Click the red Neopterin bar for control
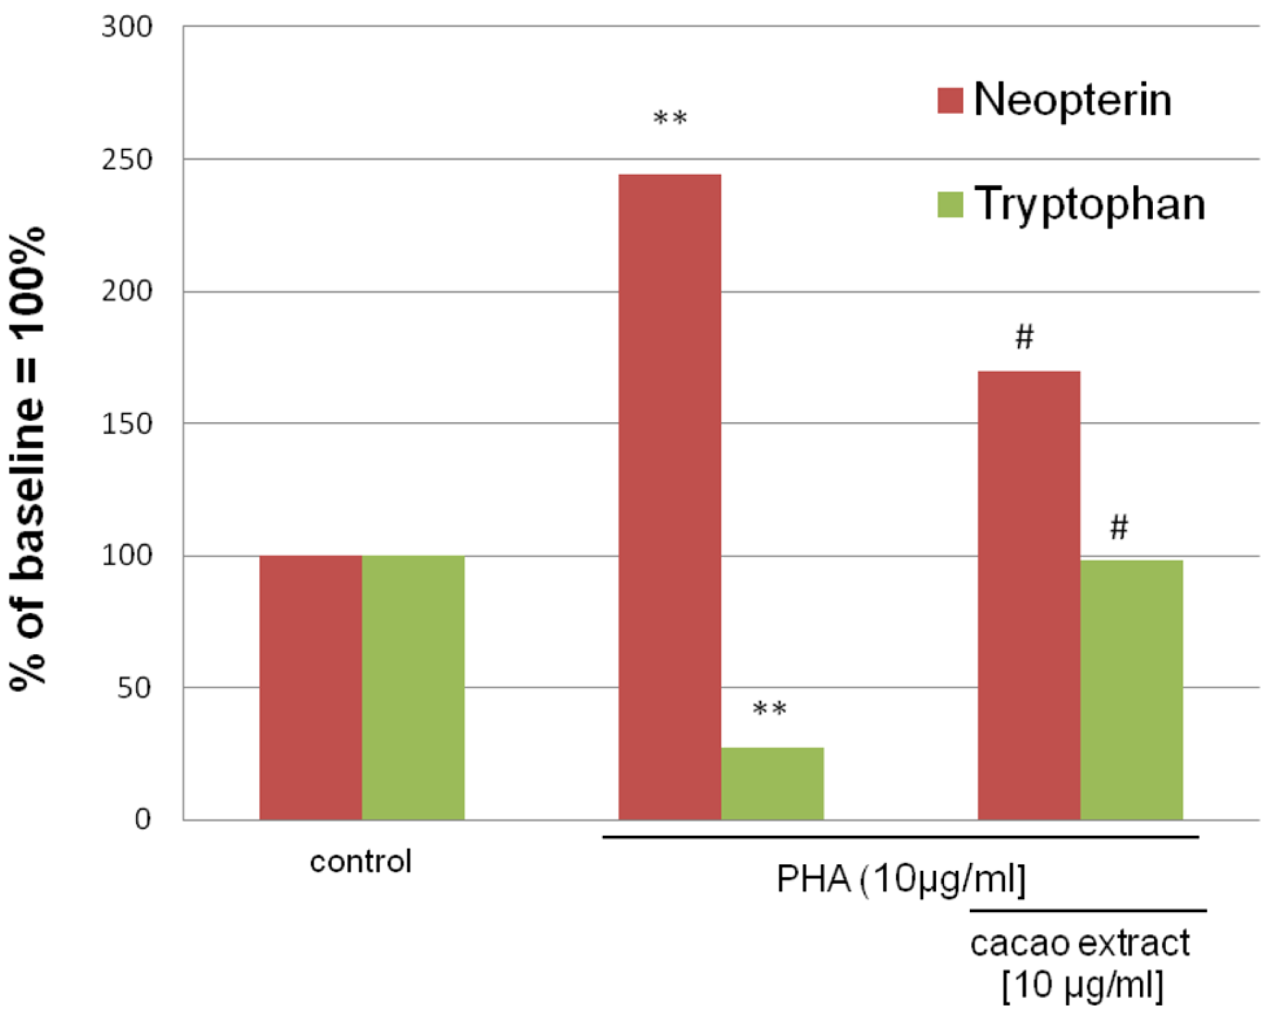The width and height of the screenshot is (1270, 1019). [x=310, y=687]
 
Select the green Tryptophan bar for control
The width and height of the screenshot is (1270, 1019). [x=413, y=687]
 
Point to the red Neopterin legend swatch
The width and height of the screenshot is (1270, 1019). [x=949, y=100]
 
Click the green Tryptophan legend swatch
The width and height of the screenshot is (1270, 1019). [x=949, y=204]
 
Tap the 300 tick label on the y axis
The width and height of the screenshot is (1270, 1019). [x=127, y=27]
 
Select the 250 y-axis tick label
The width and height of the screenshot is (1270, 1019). [x=127, y=160]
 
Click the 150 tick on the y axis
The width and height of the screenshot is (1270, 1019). [x=127, y=424]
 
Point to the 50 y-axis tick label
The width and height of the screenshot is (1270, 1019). [x=134, y=688]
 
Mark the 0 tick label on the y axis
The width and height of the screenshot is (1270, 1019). [x=142, y=819]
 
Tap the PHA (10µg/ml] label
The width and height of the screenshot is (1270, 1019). [x=901, y=880]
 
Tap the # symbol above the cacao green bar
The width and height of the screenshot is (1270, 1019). [x=1119, y=527]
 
